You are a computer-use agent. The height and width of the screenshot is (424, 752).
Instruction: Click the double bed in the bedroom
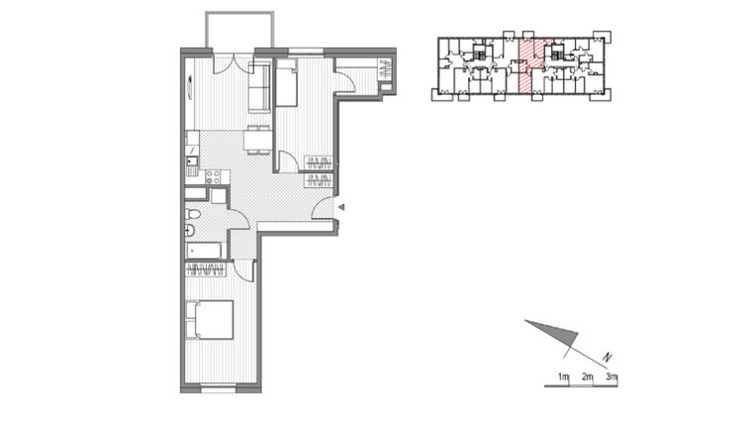pyautogui.click(x=210, y=319)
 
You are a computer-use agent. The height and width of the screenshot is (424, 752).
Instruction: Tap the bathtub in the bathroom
pyautogui.click(x=203, y=250)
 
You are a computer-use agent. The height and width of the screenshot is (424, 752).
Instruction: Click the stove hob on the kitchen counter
pyautogui.click(x=212, y=178)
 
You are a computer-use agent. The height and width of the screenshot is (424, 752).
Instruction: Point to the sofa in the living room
pyautogui.click(x=258, y=87)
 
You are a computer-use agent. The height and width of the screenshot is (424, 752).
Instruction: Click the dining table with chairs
pyautogui.click(x=257, y=139)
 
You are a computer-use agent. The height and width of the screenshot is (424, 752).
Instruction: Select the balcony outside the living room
pyautogui.click(x=238, y=31)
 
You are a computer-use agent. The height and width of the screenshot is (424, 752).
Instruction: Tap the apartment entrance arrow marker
pyautogui.click(x=341, y=207)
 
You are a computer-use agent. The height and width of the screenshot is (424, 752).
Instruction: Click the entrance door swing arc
pyautogui.click(x=323, y=206)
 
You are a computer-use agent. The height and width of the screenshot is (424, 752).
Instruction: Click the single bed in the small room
pyautogui.click(x=287, y=83)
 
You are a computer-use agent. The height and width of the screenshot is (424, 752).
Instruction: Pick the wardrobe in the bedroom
pyautogui.click(x=206, y=268)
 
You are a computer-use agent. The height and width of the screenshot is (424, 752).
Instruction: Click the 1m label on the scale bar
pyautogui.click(x=563, y=377)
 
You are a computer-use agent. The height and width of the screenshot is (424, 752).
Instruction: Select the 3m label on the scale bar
pyautogui.click(x=611, y=377)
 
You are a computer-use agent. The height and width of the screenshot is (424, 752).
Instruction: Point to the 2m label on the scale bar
pyautogui.click(x=587, y=377)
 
